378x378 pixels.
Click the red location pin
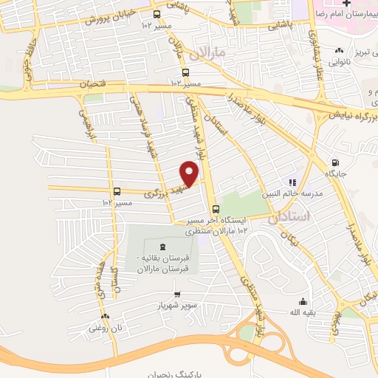190,173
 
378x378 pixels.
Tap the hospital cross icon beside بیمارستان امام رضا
323,4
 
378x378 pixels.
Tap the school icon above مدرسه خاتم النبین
292,182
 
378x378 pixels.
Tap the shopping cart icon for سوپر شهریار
176,295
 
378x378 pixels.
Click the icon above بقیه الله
303,300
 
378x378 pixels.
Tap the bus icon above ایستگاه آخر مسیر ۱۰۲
214,209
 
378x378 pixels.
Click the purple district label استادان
320,214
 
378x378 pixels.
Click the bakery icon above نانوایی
339,49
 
